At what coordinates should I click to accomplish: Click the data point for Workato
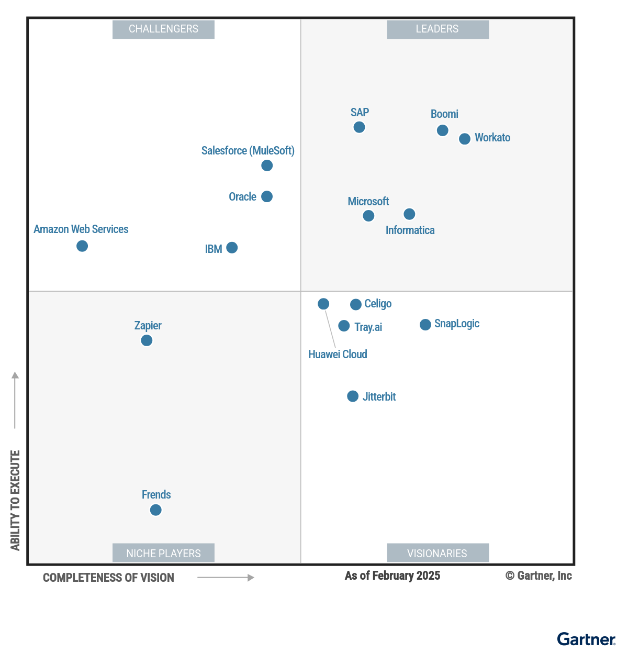(465, 139)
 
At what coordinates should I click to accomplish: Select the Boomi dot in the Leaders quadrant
(443, 130)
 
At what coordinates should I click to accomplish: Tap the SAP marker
(359, 127)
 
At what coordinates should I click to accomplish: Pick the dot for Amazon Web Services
(82, 246)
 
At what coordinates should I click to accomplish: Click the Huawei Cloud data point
(323, 304)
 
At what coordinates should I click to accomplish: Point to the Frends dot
(155, 510)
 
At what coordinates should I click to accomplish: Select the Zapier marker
(147, 340)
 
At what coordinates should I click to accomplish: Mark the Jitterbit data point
(353, 396)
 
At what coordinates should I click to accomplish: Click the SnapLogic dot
(425, 325)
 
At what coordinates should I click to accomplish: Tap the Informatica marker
(410, 214)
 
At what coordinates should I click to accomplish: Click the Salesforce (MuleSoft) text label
(248, 151)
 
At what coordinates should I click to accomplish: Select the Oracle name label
(242, 197)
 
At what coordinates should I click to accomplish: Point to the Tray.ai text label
(368, 327)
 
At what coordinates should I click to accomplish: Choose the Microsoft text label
(368, 202)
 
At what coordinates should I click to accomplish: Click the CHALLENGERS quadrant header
(163, 29)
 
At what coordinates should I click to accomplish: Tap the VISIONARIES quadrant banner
(438, 553)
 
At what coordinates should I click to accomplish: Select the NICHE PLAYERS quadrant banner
(163, 553)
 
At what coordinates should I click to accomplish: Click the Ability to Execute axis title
(15, 500)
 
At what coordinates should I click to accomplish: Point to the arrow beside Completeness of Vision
(226, 578)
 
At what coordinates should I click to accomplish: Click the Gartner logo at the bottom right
(586, 639)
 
